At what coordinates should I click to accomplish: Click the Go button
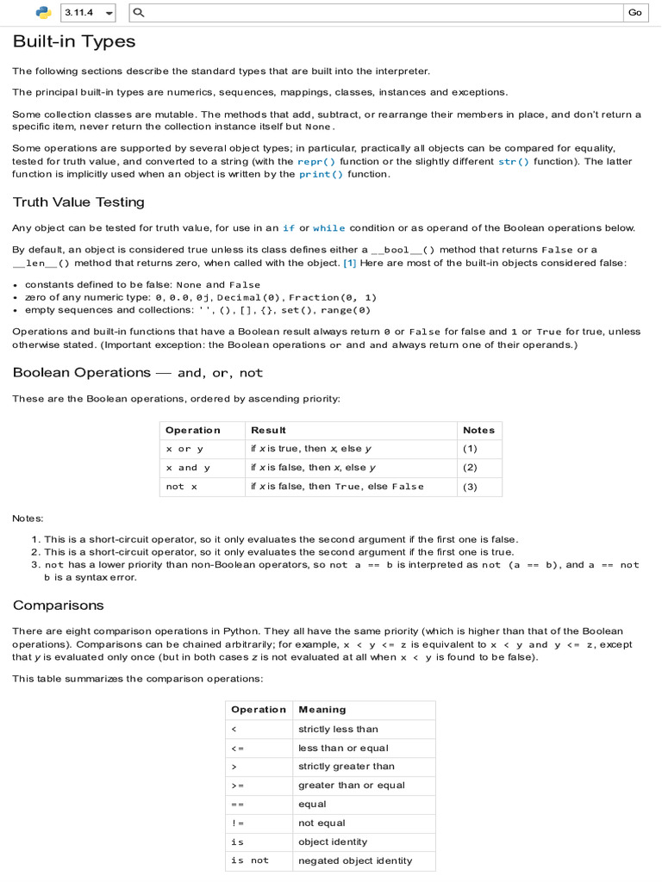tap(635, 13)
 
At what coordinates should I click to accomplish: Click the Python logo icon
tap(43, 13)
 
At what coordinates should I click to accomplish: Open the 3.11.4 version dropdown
tap(88, 13)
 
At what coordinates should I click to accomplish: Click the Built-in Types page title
tap(73, 41)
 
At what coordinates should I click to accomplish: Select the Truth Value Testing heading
tap(78, 202)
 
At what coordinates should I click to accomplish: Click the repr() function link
tap(316, 162)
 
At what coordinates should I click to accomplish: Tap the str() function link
tap(514, 162)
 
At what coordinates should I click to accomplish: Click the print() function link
tap(321, 174)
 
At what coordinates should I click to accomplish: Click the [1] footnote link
tap(350, 263)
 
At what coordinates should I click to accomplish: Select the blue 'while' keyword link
tap(328, 228)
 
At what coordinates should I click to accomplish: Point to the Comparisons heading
tap(58, 605)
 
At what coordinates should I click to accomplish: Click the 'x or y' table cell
tap(184, 449)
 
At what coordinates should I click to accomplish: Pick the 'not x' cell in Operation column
tap(181, 487)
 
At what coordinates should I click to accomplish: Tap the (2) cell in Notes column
tap(470, 468)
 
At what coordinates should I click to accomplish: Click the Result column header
tap(268, 430)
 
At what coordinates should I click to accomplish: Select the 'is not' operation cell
tap(250, 860)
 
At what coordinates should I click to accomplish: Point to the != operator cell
tap(238, 823)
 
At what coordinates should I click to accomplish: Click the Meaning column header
tap(322, 710)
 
